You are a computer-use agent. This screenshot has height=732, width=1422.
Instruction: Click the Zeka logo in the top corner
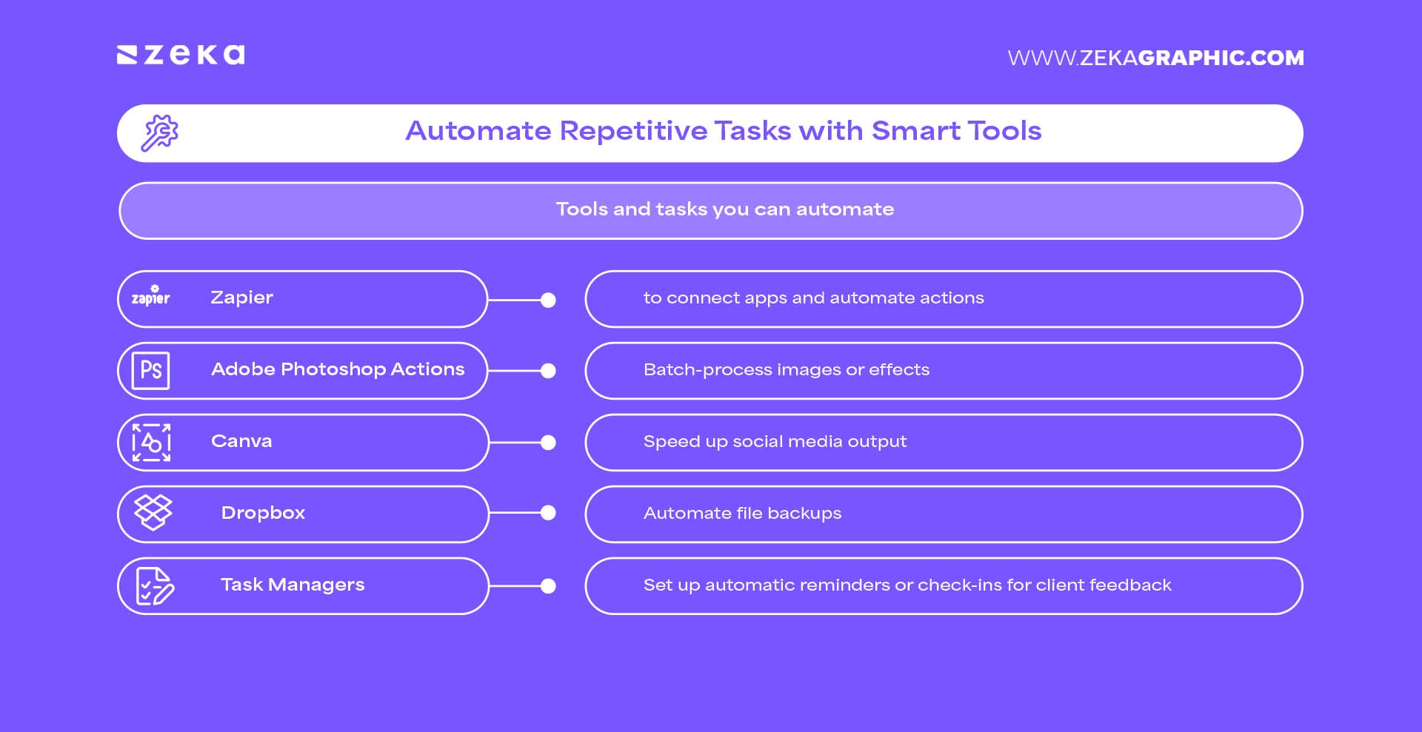coord(181,55)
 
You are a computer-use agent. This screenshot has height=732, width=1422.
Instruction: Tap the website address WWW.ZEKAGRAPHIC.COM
coord(1155,58)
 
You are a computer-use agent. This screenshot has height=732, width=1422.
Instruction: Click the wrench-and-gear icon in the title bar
coord(160,133)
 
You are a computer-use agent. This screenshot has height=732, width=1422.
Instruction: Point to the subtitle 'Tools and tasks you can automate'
coord(724,209)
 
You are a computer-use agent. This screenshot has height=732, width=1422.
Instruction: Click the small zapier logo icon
coord(151,296)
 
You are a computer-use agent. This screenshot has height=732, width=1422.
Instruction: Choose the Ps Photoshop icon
coord(151,370)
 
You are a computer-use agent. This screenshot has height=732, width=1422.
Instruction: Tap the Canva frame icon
coord(151,443)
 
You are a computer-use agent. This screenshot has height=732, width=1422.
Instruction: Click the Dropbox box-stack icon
coord(153,512)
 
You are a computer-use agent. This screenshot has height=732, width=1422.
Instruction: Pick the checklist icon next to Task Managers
coord(155,586)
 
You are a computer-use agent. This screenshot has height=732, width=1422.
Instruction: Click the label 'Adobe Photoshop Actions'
coord(338,369)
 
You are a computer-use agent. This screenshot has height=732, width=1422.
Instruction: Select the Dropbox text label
coord(263,513)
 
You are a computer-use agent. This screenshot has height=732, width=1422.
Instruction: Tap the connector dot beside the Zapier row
coord(548,300)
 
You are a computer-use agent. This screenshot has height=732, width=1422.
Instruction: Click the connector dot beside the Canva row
coord(548,443)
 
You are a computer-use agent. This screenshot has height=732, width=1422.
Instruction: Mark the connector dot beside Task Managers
coord(548,586)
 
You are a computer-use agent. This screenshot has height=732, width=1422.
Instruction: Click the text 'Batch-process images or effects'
coord(786,370)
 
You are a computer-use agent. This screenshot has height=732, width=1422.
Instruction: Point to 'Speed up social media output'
coord(775,442)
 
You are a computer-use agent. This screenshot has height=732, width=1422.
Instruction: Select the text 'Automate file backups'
coord(742,514)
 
